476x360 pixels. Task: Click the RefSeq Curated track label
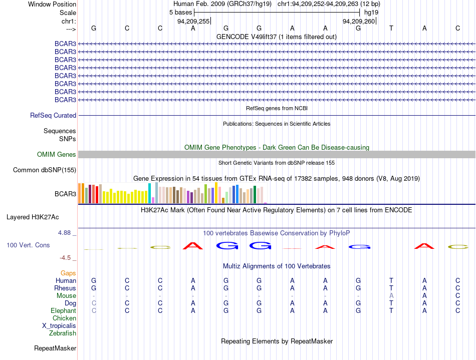53,116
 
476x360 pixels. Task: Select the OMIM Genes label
57,154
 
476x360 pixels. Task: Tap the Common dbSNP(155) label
45,170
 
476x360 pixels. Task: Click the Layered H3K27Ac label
33,217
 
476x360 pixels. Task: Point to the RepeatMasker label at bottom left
55,348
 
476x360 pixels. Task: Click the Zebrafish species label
63,333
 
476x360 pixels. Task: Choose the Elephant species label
64,310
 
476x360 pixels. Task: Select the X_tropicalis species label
59,326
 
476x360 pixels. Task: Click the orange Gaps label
68,273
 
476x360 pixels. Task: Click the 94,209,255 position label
193,21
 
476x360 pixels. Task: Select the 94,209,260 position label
359,21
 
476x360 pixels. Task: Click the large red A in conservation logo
193,246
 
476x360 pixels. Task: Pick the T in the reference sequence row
391,28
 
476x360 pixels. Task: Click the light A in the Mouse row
391,295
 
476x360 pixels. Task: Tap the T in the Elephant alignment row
391,310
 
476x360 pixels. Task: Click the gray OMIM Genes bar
277,154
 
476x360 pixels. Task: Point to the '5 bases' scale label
180,13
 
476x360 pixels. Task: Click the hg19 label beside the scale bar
371,13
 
